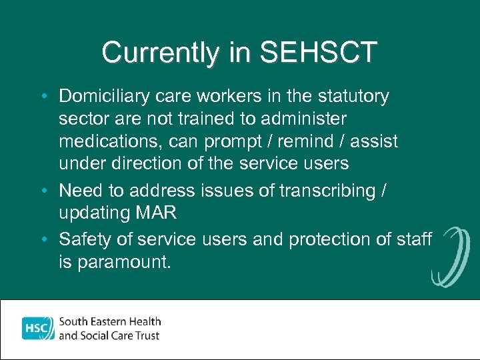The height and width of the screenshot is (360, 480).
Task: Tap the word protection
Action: (x=354, y=239)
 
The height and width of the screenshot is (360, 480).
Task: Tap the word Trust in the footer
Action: (x=147, y=335)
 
